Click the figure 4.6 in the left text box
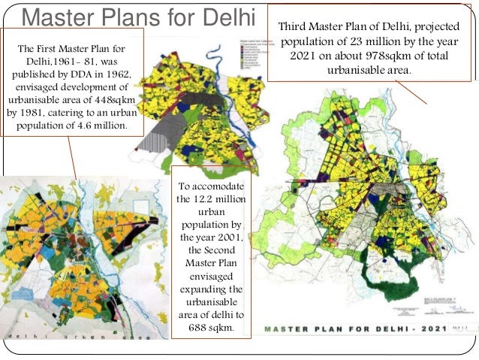point(84,126)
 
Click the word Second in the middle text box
point(214,251)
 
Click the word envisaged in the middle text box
point(209,277)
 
